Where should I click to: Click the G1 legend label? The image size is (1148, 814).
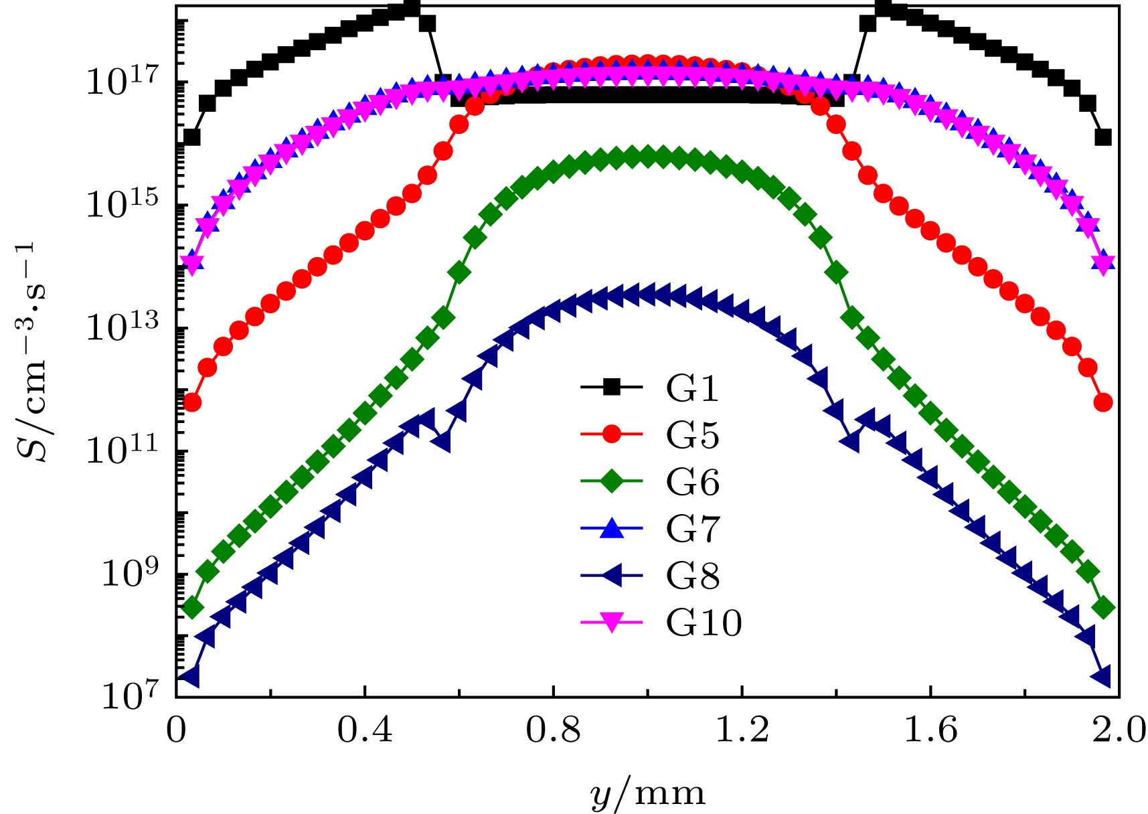[692, 389]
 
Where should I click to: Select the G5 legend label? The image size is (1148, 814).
[692, 435]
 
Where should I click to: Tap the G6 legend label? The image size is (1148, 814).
[692, 482]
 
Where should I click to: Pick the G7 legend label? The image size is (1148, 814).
[692, 529]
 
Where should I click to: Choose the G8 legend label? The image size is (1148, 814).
[692, 576]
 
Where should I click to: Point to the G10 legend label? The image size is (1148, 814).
[704, 623]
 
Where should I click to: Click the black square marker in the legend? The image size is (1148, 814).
[611, 387]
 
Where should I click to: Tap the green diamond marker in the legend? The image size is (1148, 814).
[611, 481]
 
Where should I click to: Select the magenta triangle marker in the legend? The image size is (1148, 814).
[611, 623]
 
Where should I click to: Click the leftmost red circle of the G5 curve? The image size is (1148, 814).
[192, 402]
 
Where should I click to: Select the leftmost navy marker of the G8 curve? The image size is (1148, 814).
[191, 676]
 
